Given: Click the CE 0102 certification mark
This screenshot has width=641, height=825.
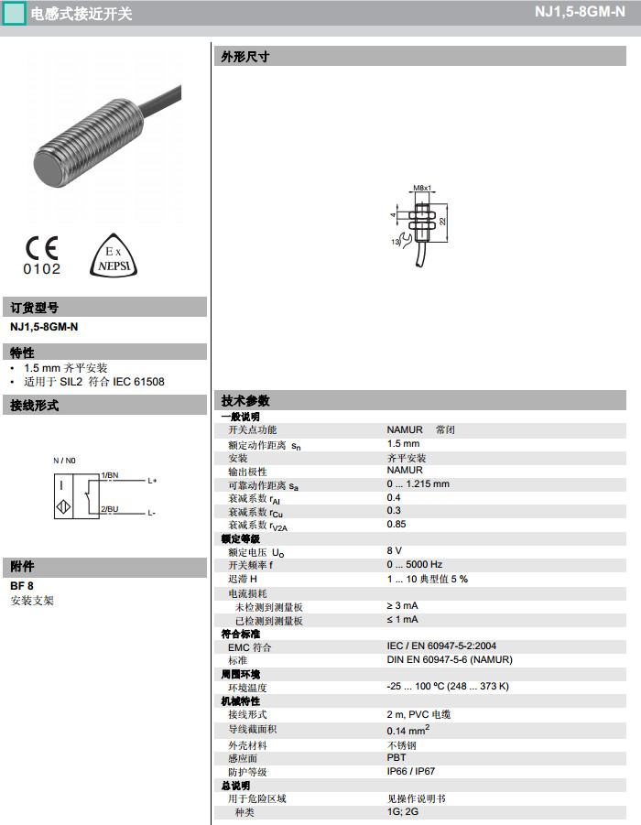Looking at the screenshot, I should (42, 255).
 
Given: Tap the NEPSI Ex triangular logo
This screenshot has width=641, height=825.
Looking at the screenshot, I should (113, 255).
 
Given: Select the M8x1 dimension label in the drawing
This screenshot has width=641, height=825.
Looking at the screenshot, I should (422, 188).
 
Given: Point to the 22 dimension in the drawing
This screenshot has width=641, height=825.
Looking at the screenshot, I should (442, 221).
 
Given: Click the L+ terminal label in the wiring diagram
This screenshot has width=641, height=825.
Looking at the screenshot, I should (152, 481).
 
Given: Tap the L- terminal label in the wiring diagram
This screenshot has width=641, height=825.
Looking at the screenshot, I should (151, 513).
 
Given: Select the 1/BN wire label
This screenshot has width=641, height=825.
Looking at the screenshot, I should (110, 475).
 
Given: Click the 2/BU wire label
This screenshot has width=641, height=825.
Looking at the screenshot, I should (110, 508).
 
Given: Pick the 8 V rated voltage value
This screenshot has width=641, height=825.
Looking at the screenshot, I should (395, 550).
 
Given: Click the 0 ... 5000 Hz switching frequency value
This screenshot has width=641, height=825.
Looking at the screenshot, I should (414, 565).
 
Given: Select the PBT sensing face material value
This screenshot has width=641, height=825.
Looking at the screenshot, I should (397, 758).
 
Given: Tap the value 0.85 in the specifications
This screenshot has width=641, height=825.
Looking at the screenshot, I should (397, 524).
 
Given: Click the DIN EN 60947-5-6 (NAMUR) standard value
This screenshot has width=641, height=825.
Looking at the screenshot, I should (450, 659).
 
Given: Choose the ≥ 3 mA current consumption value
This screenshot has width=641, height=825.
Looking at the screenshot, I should (402, 605).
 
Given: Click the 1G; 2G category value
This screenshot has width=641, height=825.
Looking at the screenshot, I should (402, 811).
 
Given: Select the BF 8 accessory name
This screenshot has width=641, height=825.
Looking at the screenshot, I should (22, 585).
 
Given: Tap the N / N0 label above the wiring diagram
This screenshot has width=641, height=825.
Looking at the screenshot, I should (65, 460).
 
